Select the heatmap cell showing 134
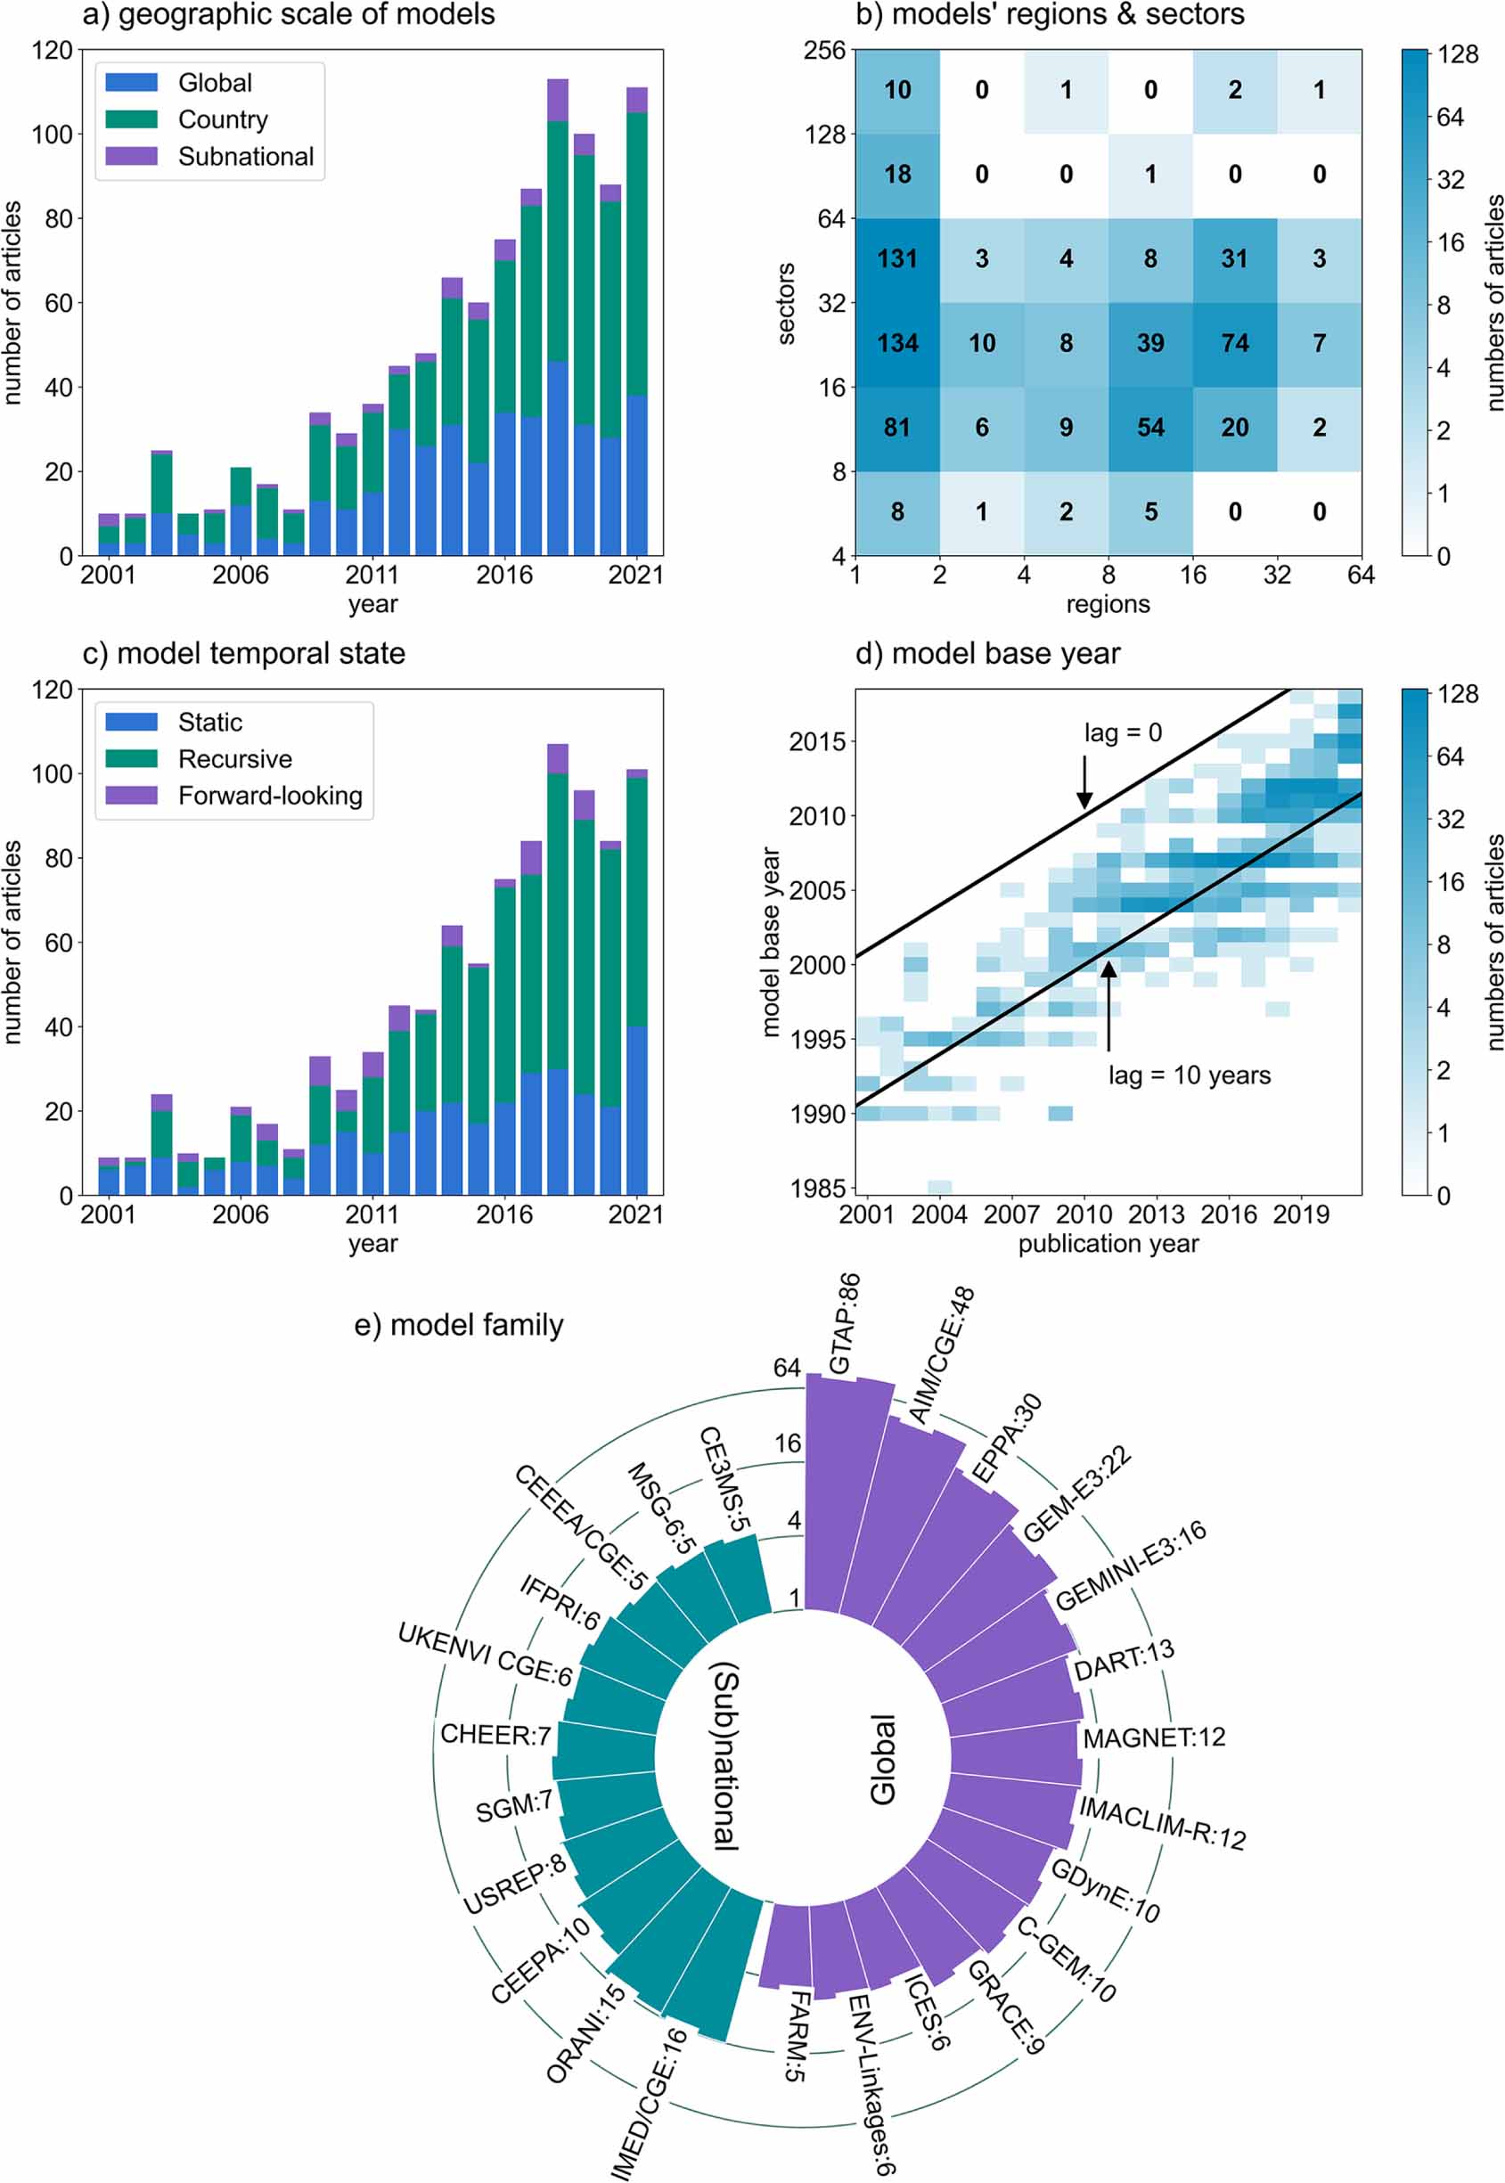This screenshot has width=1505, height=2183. pos(896,343)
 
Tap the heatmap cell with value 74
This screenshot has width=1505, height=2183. pos(1234,343)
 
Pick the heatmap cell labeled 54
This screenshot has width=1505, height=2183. pos(1149,428)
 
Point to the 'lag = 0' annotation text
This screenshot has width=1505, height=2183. pos(1122,732)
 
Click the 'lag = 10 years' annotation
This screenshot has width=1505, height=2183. pos(1188,1075)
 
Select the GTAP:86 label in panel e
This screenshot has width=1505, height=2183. pos(844,1323)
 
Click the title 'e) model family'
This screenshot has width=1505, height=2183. pos(458,1325)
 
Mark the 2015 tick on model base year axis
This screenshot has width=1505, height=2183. pos(816,742)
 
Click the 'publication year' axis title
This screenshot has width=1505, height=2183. pos(1108,1244)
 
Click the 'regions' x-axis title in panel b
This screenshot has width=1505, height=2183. pos(1108,604)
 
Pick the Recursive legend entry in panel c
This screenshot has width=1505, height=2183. pos(235,759)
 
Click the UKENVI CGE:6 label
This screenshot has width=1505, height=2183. pos(485,1655)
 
